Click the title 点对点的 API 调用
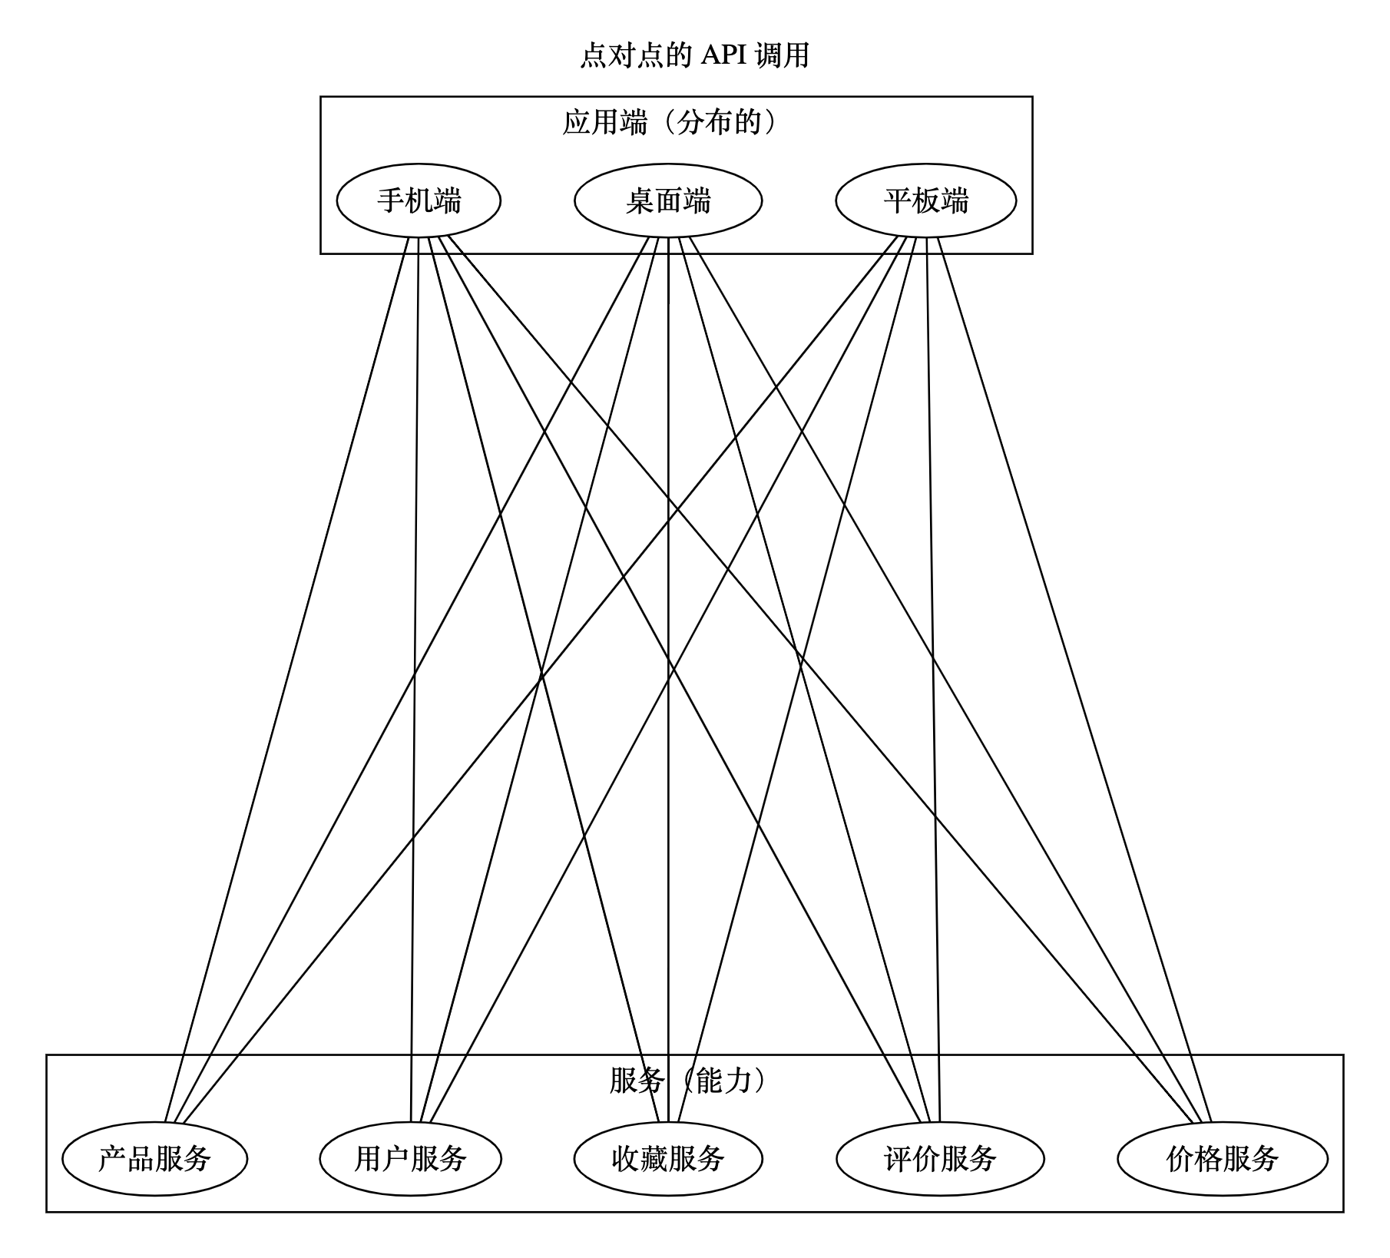tap(694, 55)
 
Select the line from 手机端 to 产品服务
tap(286, 680)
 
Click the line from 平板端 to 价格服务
tap(1074, 680)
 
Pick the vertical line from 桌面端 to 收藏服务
tap(668, 680)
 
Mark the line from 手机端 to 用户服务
tap(415, 680)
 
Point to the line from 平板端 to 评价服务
tap(933, 680)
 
